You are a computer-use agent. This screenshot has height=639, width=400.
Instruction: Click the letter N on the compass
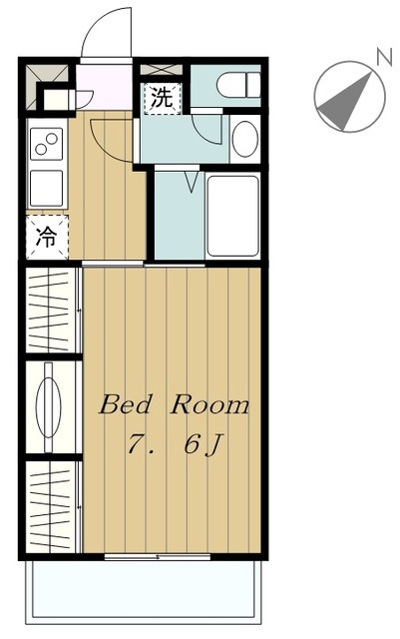(x=384, y=57)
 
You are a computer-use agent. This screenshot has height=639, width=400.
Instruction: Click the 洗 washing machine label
(x=162, y=98)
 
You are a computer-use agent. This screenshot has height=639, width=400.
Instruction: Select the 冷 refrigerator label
(x=46, y=237)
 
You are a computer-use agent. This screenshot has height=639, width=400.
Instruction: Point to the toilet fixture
(x=238, y=85)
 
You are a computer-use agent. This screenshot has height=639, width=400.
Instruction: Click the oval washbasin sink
(x=244, y=139)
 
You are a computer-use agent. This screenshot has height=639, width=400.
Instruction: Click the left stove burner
(x=41, y=149)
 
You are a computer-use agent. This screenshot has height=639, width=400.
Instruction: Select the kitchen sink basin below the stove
(x=47, y=189)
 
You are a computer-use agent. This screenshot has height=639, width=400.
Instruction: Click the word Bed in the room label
(x=125, y=404)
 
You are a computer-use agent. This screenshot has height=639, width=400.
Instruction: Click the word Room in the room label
(x=209, y=404)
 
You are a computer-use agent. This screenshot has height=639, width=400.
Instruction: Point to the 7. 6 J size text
(x=175, y=444)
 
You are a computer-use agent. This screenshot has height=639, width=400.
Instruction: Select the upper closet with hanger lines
(x=52, y=310)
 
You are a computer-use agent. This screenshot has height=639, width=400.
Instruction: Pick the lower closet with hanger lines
(x=52, y=506)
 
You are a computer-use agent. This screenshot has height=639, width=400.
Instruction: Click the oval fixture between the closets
(x=49, y=407)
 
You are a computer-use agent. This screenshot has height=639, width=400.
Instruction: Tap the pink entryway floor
(x=105, y=87)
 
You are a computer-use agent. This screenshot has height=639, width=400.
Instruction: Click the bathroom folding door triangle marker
(x=192, y=182)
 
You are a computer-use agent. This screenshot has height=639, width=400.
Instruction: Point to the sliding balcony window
(x=158, y=556)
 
